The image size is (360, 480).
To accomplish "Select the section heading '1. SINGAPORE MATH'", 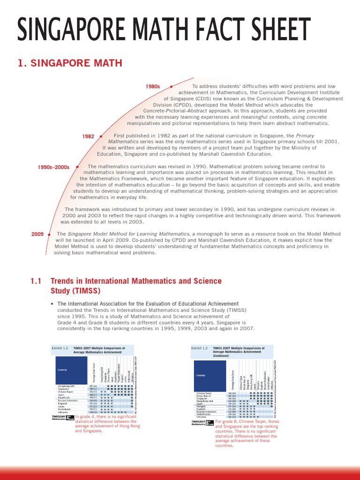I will click(x=70, y=63).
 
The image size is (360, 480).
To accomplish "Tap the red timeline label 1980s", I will click(x=153, y=87).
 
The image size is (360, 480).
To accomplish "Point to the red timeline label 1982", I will click(x=88, y=136).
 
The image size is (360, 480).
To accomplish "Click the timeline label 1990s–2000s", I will click(x=53, y=167).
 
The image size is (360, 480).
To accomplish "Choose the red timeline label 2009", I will click(x=37, y=233).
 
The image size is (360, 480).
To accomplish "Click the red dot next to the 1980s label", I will click(x=171, y=87).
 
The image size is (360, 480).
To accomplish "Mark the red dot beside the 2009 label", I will click(x=49, y=233).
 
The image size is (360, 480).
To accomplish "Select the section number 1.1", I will click(x=36, y=281).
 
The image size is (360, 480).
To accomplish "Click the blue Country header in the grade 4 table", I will click(x=62, y=369).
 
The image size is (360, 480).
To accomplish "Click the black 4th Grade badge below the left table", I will click(x=70, y=417).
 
